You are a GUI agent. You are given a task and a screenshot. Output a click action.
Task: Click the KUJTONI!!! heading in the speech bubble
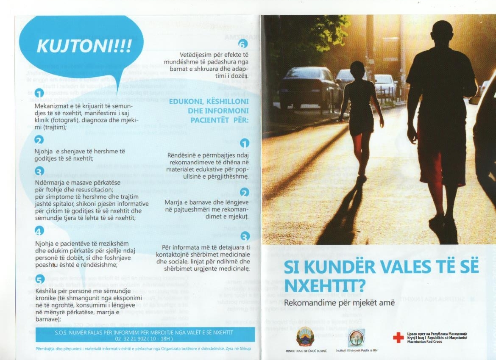[x=84, y=45]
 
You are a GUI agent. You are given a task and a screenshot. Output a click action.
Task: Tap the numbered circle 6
[x=242, y=44]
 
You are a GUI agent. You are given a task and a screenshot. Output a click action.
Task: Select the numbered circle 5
[x=39, y=279]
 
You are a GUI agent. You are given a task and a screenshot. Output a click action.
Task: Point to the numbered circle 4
[x=39, y=231]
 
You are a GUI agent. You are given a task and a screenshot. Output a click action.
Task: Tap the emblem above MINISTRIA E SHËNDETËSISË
[x=305, y=337]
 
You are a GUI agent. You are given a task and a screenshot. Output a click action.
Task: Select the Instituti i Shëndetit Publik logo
[x=356, y=338]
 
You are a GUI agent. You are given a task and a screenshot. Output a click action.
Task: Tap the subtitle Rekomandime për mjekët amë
[x=339, y=303]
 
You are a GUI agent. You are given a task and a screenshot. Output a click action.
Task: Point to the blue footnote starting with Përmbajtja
[x=143, y=349]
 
